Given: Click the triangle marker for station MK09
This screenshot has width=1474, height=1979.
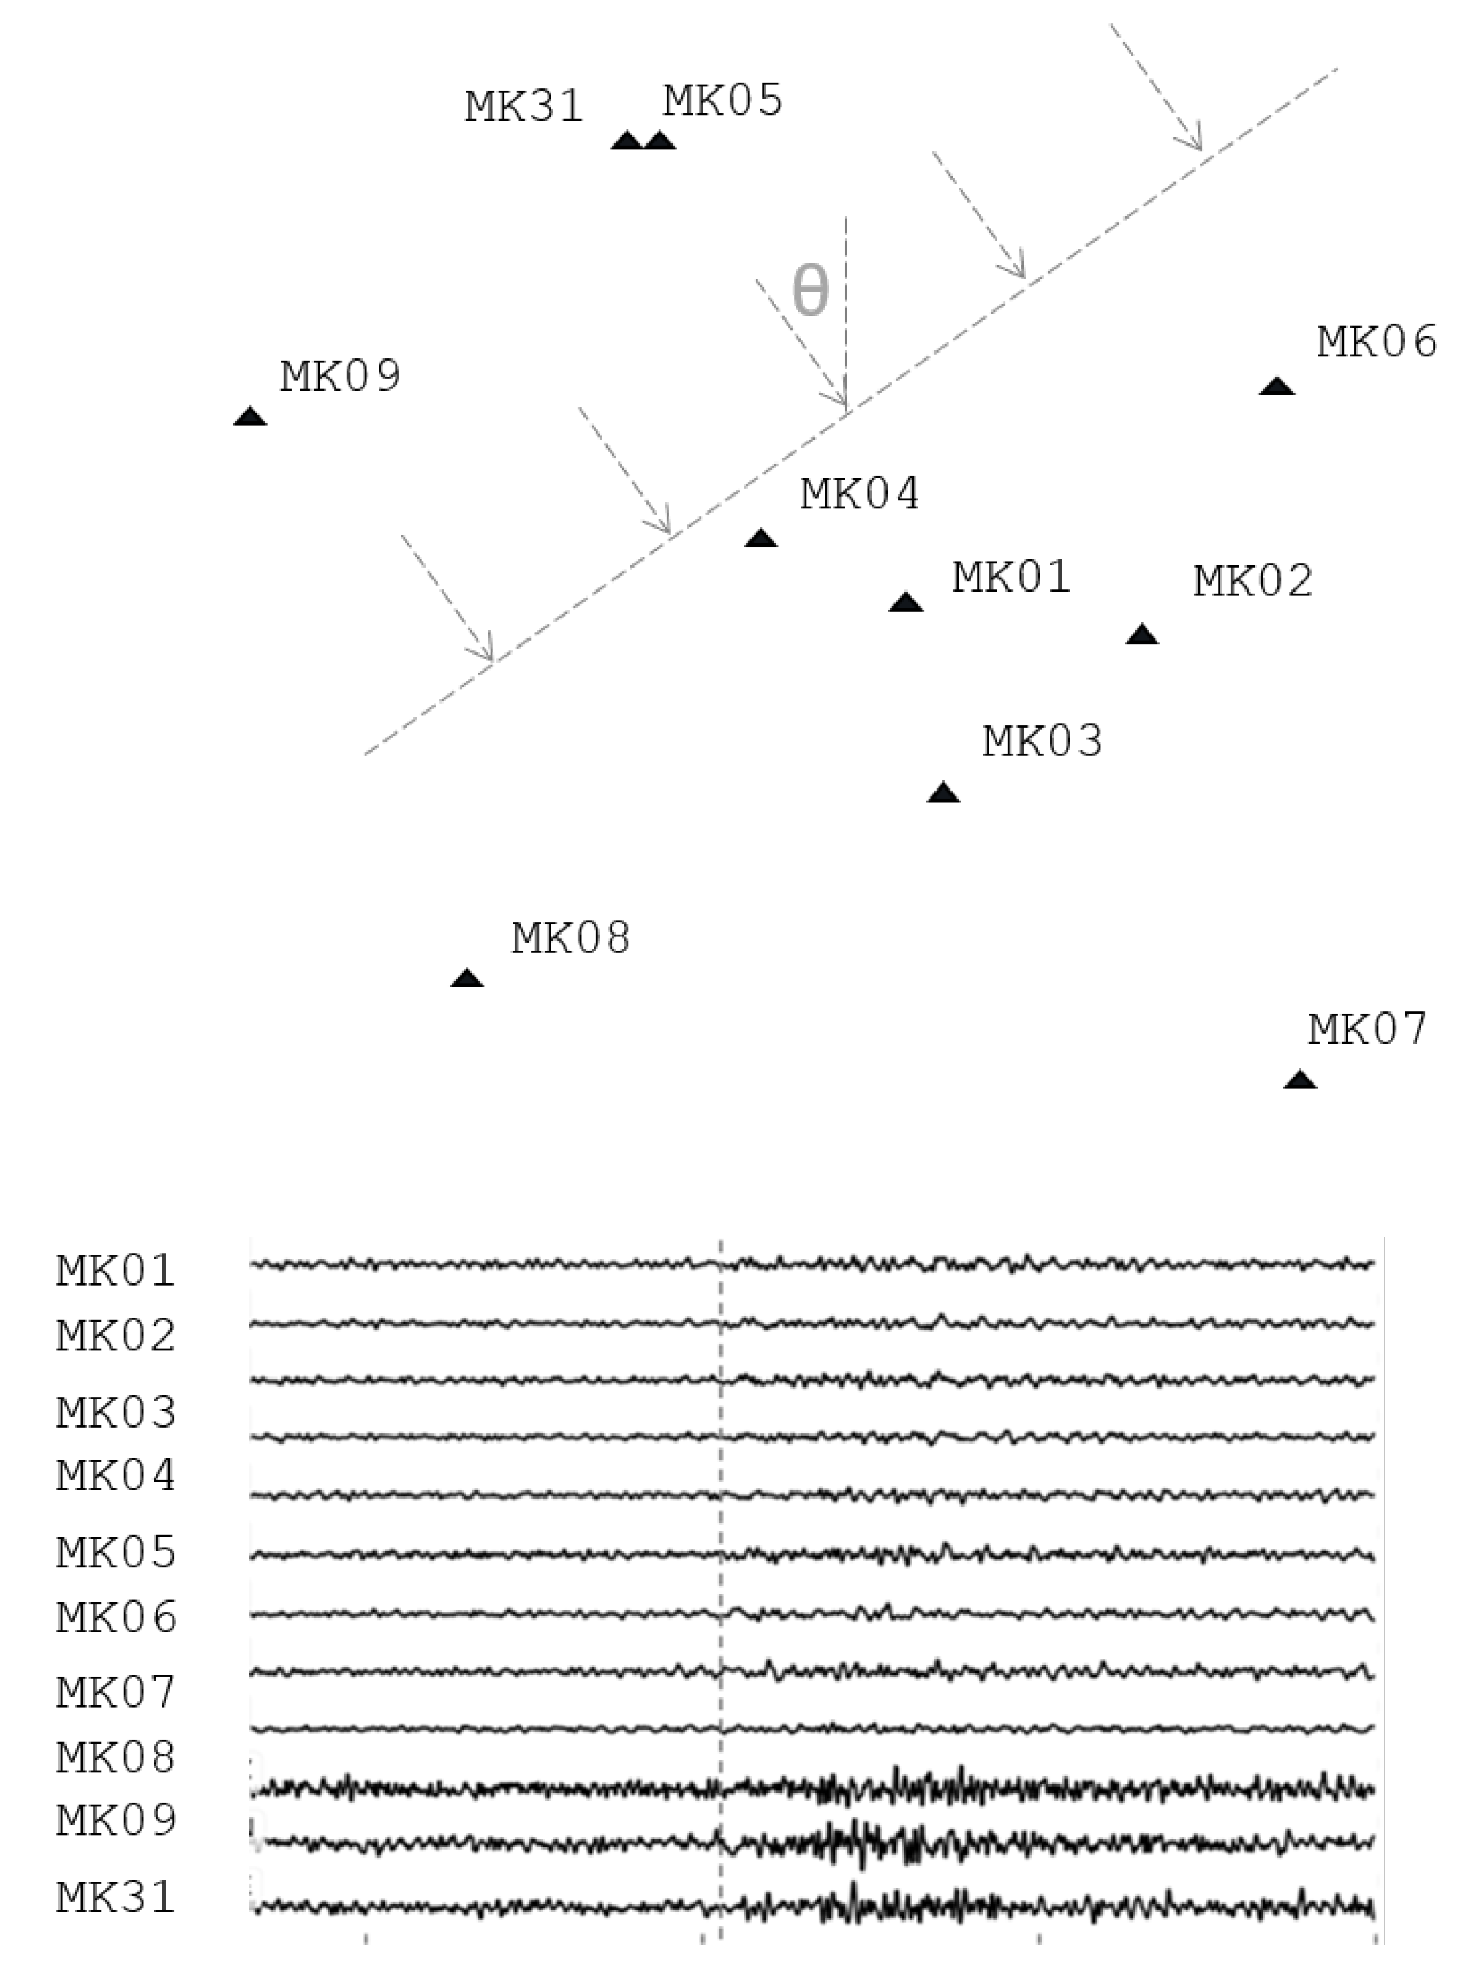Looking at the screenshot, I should pos(250,417).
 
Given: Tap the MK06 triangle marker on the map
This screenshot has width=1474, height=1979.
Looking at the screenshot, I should pos(1277,386).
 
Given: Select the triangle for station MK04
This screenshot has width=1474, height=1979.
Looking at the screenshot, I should pos(761,538).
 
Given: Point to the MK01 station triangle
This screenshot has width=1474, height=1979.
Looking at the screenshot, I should pos(906,603).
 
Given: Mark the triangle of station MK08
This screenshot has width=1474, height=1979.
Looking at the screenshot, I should pos(466,978).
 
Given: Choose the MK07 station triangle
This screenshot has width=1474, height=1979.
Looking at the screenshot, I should pos(1300,1079).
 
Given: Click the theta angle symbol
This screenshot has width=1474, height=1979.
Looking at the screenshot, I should pos(810,292).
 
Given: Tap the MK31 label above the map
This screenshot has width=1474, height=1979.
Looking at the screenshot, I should pos(525,107).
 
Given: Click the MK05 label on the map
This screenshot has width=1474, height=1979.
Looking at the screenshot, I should pos(722,100).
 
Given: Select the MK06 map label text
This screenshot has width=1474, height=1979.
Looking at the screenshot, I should pos(1377,342).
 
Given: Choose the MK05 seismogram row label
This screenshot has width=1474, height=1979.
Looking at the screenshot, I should pos(117,1553).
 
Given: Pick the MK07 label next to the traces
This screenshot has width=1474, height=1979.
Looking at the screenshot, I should pos(116,1692).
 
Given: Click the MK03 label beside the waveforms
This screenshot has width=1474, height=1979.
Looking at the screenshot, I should pos(117,1412).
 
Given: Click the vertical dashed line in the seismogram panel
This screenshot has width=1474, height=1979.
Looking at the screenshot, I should pos(720,1517).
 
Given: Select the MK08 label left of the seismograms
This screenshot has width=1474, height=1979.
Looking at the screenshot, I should pos(116,1757).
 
